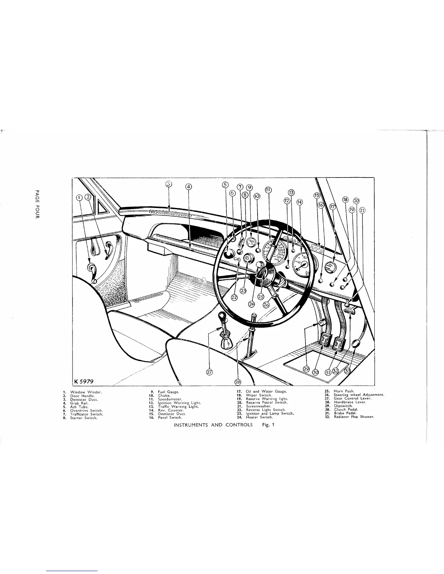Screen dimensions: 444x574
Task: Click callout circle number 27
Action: tap(209, 371)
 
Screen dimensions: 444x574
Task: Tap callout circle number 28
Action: tap(238, 382)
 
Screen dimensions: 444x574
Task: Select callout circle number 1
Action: tap(79, 197)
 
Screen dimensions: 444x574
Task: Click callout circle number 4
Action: tap(188, 187)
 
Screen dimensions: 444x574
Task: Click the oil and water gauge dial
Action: tap(329, 268)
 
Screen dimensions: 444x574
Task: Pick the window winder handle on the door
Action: tap(91, 270)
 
